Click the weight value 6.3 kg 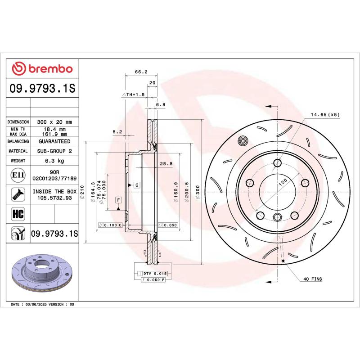(54, 161)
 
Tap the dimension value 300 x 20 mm (54, 122)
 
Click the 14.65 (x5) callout (324, 115)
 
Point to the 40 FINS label (313, 279)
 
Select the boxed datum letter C (136, 185)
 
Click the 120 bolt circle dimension (283, 183)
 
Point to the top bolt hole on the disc (278, 163)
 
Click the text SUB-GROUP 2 (54, 151)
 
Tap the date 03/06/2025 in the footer (40, 305)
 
